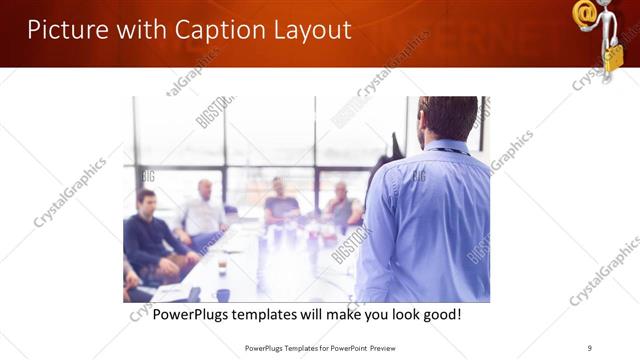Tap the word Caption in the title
tap(214, 30)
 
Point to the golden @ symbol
tap(585, 13)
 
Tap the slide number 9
tap(590, 348)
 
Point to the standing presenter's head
tap(447, 118)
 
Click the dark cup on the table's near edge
tap(222, 294)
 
